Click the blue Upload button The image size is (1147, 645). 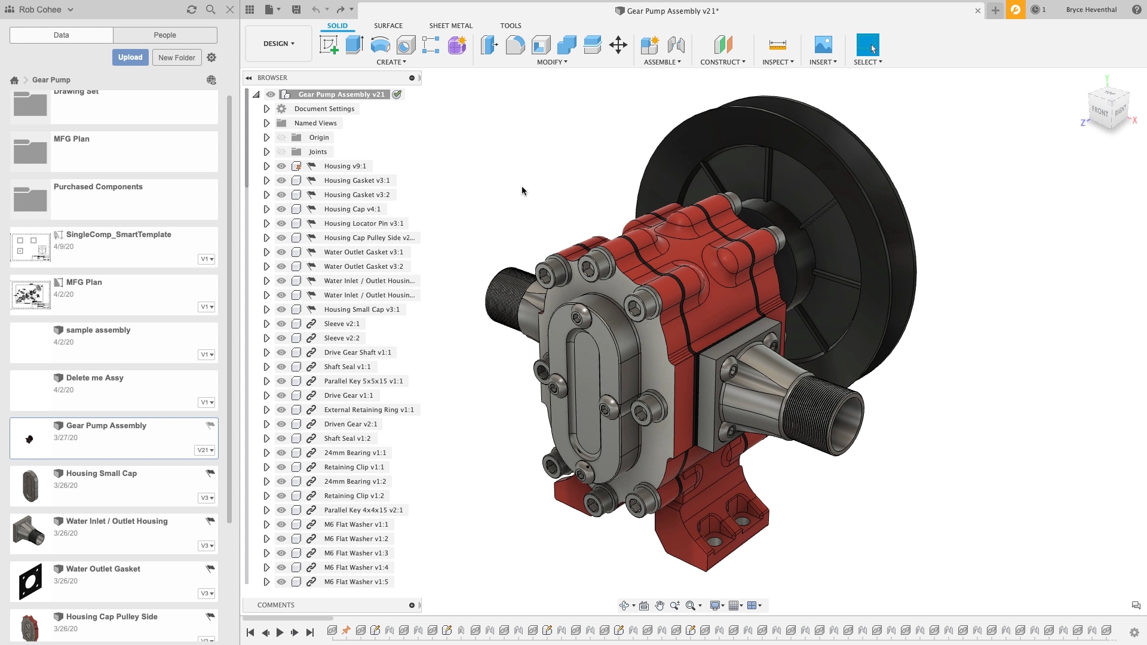[130, 57]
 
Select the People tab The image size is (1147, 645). [165, 35]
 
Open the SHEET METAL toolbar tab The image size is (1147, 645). [450, 26]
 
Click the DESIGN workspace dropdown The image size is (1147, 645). [278, 44]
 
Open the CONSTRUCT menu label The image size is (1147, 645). [722, 62]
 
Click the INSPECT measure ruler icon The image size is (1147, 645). [777, 45]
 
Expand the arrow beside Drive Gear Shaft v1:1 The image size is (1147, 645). [266, 352]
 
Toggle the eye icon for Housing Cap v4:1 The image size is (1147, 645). [281, 209]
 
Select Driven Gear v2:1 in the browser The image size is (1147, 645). [350, 424]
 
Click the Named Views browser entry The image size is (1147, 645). [315, 123]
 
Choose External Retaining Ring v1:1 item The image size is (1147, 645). [369, 410]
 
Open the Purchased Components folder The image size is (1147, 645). [98, 187]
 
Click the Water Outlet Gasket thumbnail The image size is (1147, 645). [30, 581]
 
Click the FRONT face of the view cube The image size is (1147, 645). [1099, 111]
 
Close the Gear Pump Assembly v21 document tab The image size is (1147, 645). [978, 11]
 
